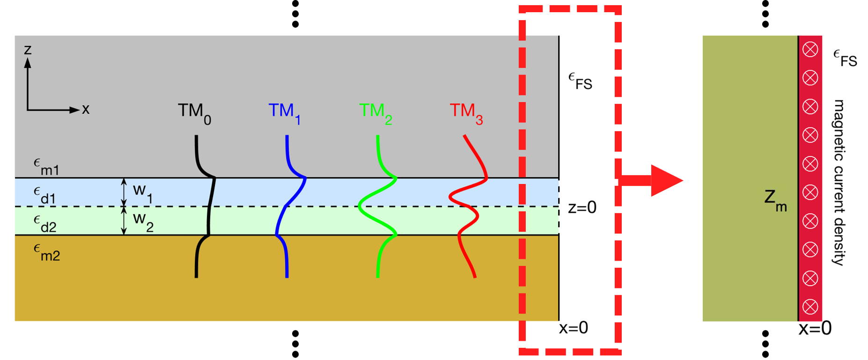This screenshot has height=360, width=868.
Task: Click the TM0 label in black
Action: point(194,113)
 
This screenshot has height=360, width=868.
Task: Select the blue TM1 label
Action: point(284,113)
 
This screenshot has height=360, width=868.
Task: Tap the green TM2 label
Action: point(375,113)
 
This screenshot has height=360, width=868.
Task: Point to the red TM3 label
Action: point(466,113)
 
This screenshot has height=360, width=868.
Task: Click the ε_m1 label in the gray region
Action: point(46,167)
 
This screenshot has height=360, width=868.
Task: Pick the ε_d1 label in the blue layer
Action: point(45,195)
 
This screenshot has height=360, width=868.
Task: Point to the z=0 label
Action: point(582,207)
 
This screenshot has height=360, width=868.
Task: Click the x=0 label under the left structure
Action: point(574,328)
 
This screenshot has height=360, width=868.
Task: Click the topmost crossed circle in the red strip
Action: point(810,49)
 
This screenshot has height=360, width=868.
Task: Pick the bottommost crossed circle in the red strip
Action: point(810,307)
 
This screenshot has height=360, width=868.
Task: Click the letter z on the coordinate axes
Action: point(28,49)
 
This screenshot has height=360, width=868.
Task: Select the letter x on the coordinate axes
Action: point(86,110)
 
